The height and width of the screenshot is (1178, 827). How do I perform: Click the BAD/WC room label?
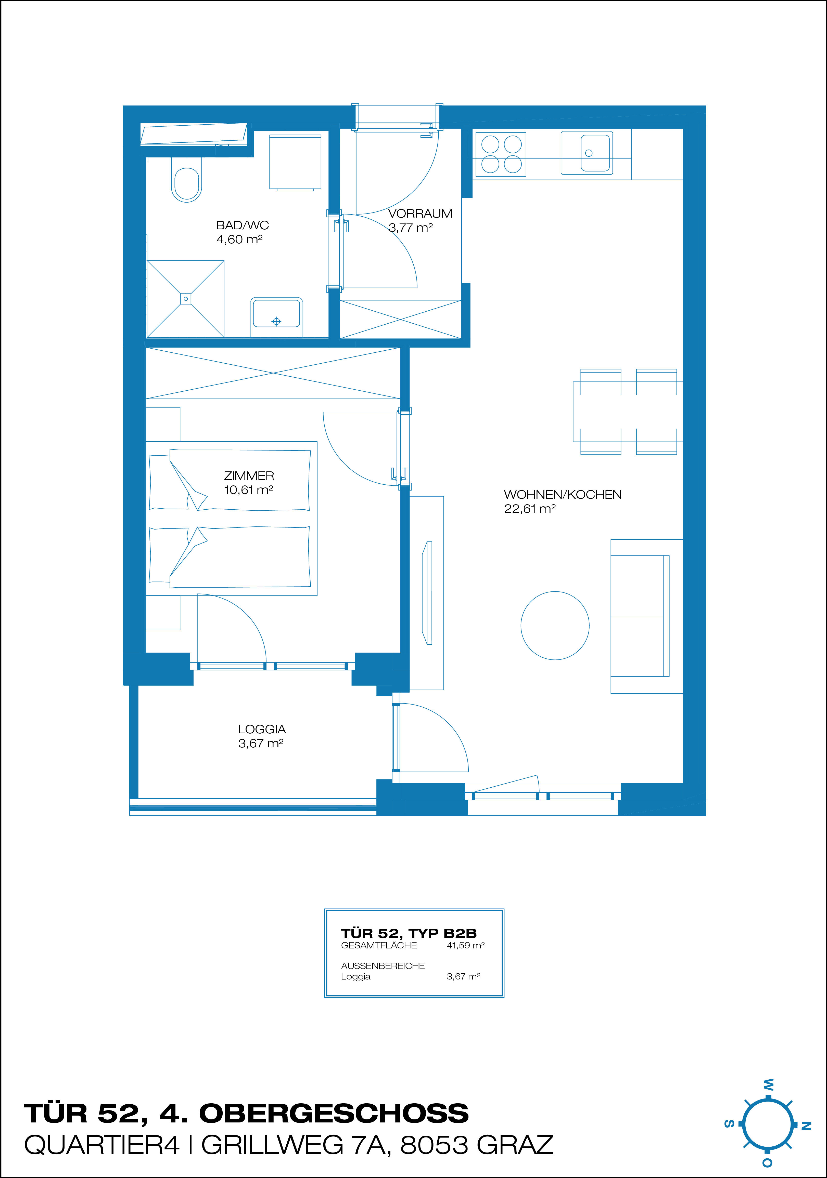click(242, 225)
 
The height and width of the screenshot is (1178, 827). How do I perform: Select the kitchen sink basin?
click(595, 152)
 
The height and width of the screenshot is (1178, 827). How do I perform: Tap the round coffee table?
click(555, 625)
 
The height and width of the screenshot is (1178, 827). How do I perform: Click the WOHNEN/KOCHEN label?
click(563, 495)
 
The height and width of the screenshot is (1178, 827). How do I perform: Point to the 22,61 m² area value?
click(530, 508)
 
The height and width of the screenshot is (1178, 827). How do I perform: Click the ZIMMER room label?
click(249, 476)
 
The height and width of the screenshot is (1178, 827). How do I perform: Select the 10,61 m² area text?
click(248, 490)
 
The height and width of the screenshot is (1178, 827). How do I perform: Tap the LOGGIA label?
click(262, 729)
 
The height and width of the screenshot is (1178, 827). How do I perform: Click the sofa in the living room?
click(646, 616)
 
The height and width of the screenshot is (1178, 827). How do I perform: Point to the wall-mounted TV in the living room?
click(427, 593)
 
